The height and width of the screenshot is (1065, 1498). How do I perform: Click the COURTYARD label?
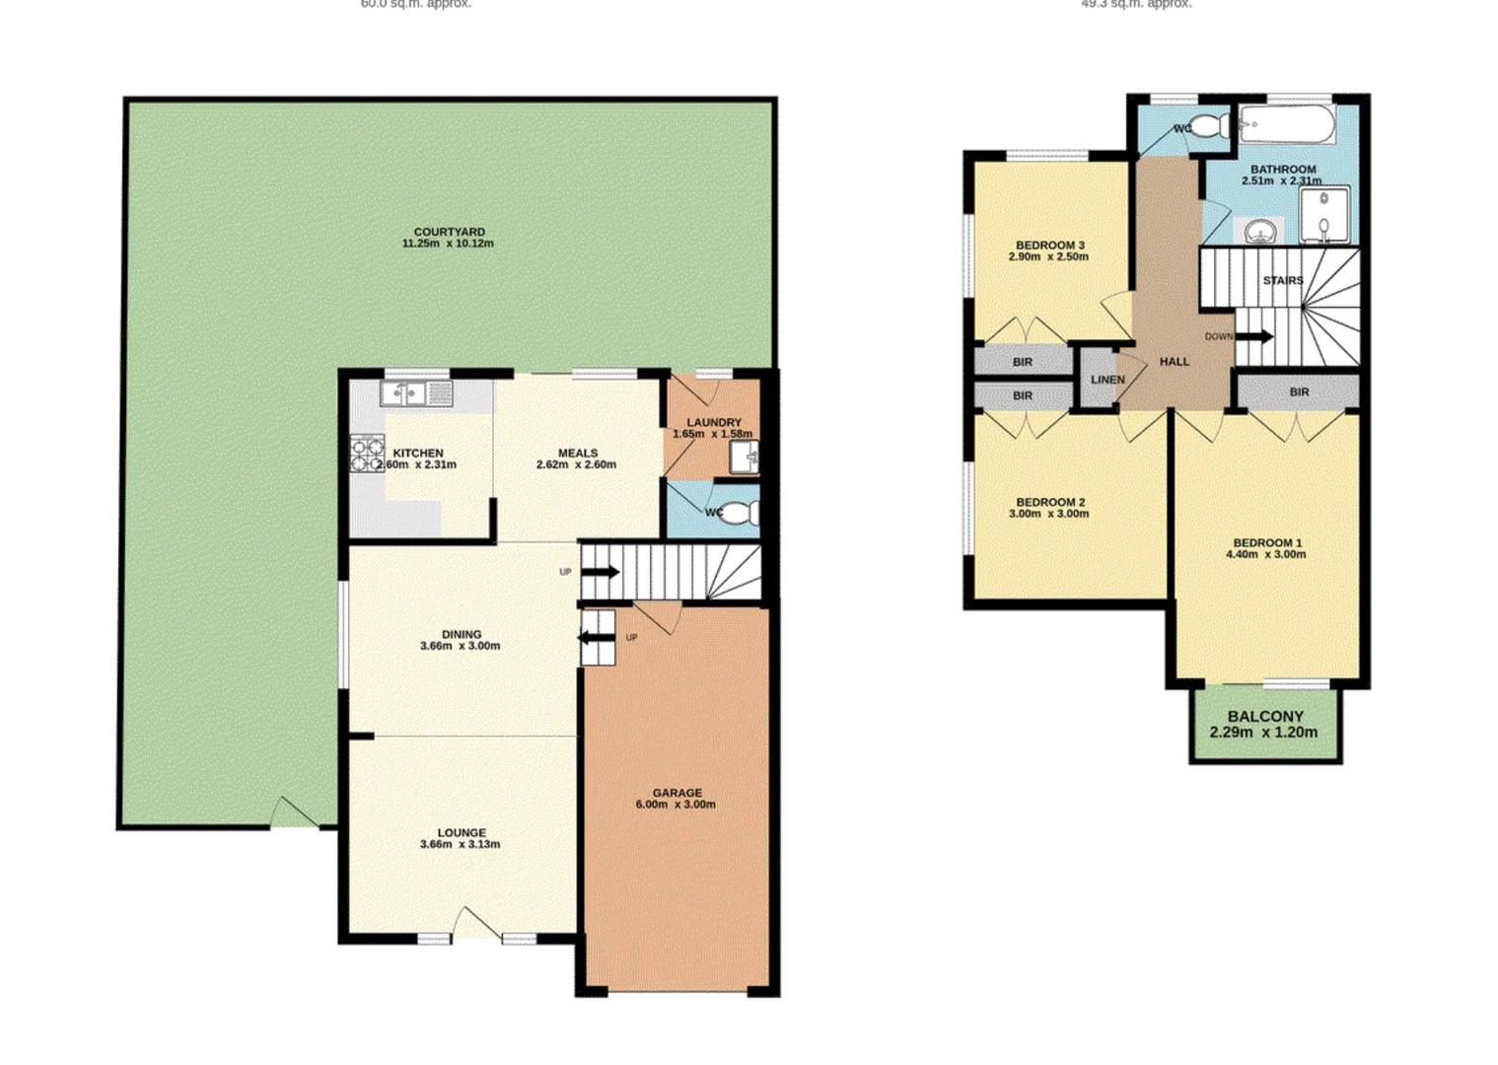449,232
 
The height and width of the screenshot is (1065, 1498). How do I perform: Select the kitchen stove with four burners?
367,453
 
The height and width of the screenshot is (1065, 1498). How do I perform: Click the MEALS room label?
577,453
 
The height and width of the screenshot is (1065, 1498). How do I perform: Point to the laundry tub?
744,458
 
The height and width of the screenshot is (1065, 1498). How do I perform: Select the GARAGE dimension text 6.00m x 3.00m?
676,805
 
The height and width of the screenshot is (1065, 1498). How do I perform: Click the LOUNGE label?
461,832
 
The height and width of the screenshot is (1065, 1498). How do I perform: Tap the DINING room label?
461,634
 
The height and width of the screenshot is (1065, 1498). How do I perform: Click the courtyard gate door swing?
293,813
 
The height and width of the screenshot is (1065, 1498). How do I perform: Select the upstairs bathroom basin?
1260,233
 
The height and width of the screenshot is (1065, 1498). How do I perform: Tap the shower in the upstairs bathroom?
1323,215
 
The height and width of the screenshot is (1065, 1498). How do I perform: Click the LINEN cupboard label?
1107,380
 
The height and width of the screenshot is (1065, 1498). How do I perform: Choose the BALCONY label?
1265,717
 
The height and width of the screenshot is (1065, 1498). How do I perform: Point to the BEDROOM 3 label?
1049,245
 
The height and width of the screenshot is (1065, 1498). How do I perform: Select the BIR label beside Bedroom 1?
1299,391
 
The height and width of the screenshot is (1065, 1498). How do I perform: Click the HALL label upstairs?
1174,362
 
